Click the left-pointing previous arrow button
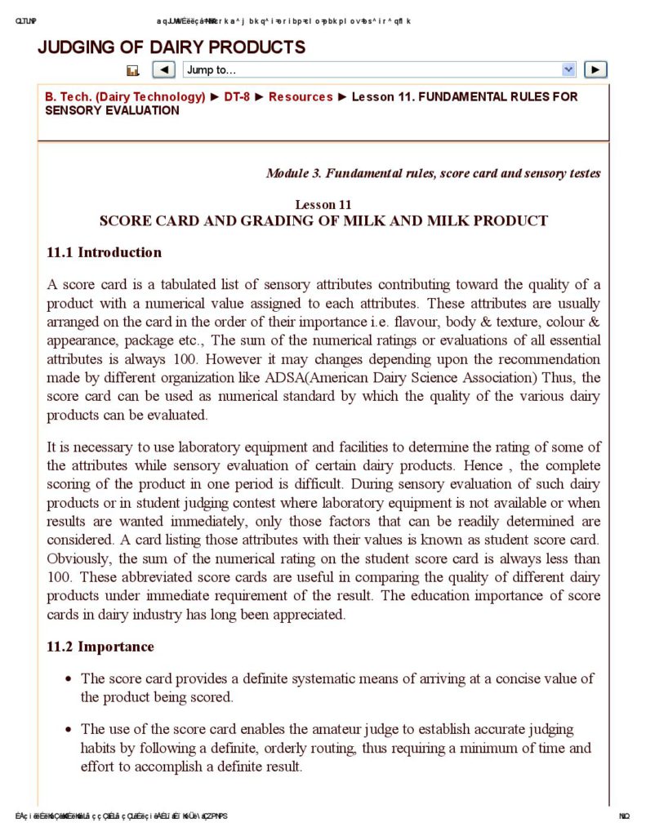pos(163,70)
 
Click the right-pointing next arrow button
pos(596,70)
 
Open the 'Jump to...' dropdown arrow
pos(569,70)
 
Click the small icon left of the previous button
pos(133,71)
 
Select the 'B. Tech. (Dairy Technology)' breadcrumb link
pos(125,96)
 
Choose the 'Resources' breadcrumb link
pos(301,96)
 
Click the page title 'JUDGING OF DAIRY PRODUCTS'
pos(172,47)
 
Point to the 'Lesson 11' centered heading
pos(323,204)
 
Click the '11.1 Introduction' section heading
pos(104,252)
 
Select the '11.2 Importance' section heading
pos(100,647)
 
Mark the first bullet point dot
pos(69,679)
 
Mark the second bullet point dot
pos(69,730)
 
